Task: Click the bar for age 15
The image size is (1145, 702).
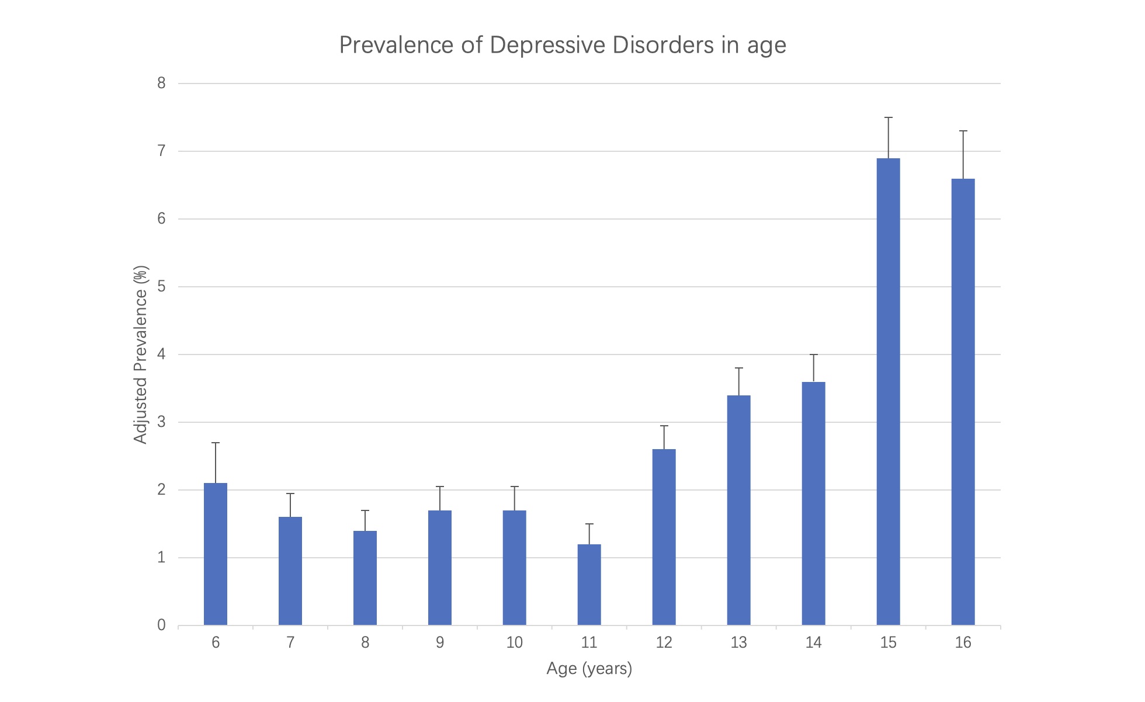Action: click(x=888, y=391)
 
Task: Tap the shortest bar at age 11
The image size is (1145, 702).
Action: click(x=589, y=584)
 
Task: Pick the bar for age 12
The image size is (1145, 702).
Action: click(x=664, y=537)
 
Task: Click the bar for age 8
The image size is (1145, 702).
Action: click(x=365, y=578)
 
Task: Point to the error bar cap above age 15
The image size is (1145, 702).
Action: click(x=888, y=117)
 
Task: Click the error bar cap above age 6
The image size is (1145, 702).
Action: click(x=216, y=443)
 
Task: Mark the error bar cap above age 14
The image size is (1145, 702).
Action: click(x=813, y=355)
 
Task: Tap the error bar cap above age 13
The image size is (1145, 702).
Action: click(x=738, y=368)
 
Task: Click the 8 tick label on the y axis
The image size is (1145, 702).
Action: click(x=161, y=84)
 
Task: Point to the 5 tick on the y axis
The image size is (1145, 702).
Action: click(x=161, y=287)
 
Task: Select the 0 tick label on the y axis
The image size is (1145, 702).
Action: click(x=161, y=625)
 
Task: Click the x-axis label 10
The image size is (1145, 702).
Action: click(x=514, y=643)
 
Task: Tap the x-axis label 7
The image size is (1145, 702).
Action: click(x=290, y=643)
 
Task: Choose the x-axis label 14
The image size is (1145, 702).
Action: click(x=813, y=643)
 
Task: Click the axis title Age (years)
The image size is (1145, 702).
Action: click(x=589, y=669)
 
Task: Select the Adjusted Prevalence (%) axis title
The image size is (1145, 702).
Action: click(x=141, y=355)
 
